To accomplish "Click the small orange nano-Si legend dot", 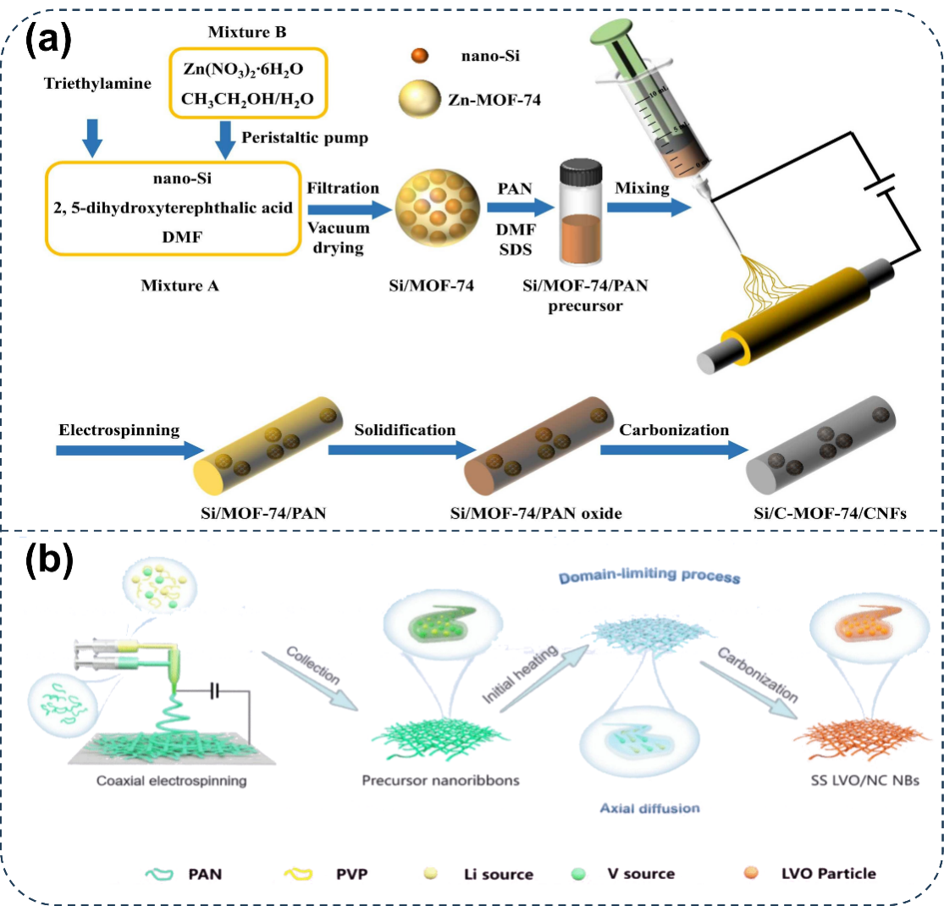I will click(417, 58).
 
